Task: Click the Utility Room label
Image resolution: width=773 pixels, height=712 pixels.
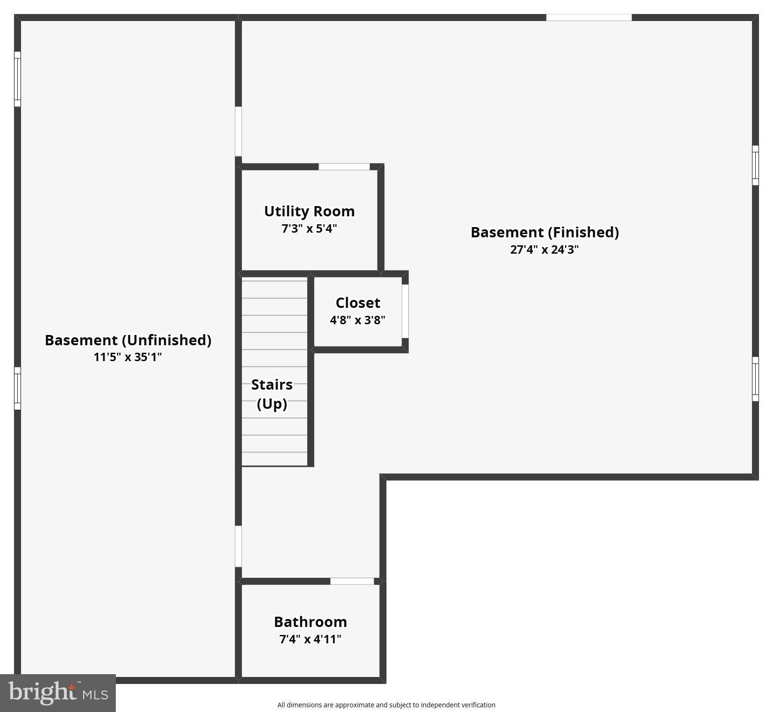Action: [309, 211]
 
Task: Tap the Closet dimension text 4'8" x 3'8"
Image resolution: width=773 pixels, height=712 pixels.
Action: [357, 320]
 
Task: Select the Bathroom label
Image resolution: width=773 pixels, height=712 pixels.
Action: [310, 622]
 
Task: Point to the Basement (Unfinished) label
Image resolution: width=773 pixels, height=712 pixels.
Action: [128, 340]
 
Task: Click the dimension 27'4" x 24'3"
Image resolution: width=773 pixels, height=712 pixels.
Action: [544, 249]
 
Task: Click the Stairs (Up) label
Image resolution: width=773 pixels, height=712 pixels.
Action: [272, 394]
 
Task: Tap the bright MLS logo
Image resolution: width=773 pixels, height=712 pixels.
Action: [58, 692]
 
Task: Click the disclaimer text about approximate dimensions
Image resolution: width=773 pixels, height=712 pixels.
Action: [386, 705]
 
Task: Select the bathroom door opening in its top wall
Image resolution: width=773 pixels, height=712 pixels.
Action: [352, 581]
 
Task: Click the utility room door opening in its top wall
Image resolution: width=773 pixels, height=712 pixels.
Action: [344, 167]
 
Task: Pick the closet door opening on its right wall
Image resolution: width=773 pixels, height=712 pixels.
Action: [405, 311]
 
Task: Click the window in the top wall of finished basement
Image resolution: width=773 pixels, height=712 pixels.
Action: [589, 18]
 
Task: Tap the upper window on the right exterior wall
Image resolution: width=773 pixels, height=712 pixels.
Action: [755, 165]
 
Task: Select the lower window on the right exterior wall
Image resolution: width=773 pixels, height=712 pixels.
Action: [755, 379]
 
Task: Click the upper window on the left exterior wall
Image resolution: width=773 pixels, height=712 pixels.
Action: [18, 79]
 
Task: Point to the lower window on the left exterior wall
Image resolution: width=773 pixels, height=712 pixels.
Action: [18, 388]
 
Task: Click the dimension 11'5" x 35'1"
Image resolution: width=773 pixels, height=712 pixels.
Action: [128, 357]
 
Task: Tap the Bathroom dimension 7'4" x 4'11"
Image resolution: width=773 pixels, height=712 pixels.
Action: [310, 639]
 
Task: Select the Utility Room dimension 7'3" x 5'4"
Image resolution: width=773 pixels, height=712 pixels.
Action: [309, 229]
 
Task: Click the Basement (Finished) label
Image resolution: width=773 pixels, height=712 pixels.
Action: [545, 232]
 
